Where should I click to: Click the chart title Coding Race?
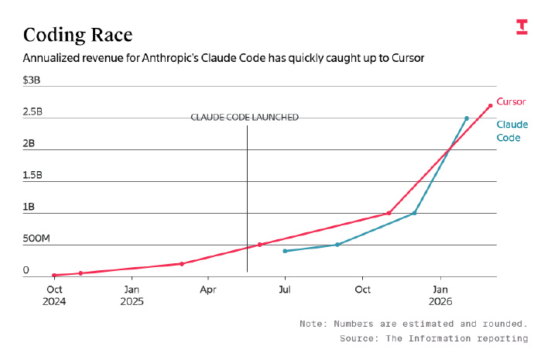pyautogui.click(x=77, y=35)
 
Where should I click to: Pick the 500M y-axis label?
pyautogui.click(x=36, y=239)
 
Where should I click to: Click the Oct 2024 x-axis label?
pyautogui.click(x=54, y=295)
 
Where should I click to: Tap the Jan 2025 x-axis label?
pyautogui.click(x=132, y=295)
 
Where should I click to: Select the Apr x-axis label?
pyautogui.click(x=208, y=290)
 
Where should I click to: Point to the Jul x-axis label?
pyautogui.click(x=285, y=290)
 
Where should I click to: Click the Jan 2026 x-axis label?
pyautogui.click(x=440, y=295)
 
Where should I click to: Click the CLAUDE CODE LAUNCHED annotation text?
pyautogui.click(x=245, y=117)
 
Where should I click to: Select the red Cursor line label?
pyautogui.click(x=511, y=101)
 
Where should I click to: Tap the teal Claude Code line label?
pyautogui.click(x=512, y=131)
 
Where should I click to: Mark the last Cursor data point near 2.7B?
pyautogui.click(x=491, y=106)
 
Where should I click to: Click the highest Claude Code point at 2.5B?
pyautogui.click(x=466, y=118)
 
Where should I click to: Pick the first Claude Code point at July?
pyautogui.click(x=285, y=251)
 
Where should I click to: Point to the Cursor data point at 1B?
pyautogui.click(x=389, y=213)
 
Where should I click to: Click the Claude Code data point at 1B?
pyautogui.click(x=415, y=213)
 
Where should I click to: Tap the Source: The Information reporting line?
pyautogui.click(x=433, y=338)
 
